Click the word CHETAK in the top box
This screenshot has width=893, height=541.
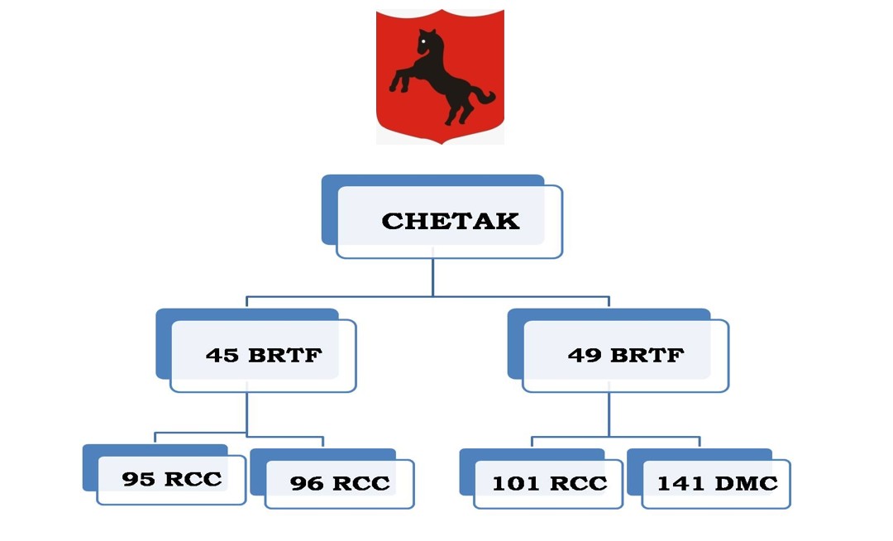point(451,221)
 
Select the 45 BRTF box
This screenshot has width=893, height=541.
point(263,355)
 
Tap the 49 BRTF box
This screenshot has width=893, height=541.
point(625,355)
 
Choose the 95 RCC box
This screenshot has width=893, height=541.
point(171,479)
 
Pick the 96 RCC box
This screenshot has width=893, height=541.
point(339,483)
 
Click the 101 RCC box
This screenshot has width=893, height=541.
point(549,483)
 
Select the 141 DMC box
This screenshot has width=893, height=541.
point(716,483)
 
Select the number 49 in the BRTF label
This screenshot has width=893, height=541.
point(584,355)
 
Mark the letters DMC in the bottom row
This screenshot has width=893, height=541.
point(744,483)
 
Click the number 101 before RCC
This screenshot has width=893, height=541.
point(513,483)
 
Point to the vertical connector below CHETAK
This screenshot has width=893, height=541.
point(433,277)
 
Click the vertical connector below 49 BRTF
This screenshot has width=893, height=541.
point(609,413)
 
